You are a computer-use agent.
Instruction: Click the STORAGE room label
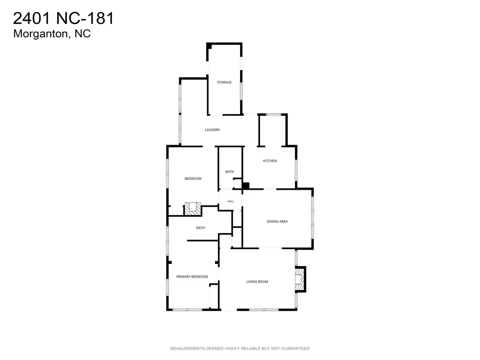click(x=224, y=82)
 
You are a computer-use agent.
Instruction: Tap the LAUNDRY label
click(x=212, y=130)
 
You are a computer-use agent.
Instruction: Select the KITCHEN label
click(x=270, y=161)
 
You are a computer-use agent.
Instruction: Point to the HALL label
click(x=230, y=201)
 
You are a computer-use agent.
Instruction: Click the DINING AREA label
click(x=277, y=221)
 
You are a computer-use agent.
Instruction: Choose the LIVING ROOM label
click(x=257, y=282)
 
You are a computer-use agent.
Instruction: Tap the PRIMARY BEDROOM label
click(x=192, y=277)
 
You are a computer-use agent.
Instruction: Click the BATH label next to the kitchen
click(x=230, y=172)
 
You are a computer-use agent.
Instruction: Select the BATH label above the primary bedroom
click(x=201, y=228)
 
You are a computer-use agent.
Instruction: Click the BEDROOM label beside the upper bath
click(x=193, y=178)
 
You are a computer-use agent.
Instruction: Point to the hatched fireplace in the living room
click(x=300, y=279)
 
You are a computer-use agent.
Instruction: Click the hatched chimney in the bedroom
click(x=193, y=209)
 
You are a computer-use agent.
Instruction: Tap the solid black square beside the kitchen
click(x=246, y=185)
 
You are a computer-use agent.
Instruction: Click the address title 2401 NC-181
click(x=63, y=18)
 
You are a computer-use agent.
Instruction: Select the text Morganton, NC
click(x=52, y=34)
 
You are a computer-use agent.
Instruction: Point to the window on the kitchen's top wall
click(x=273, y=114)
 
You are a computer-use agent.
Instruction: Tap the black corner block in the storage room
click(x=209, y=46)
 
